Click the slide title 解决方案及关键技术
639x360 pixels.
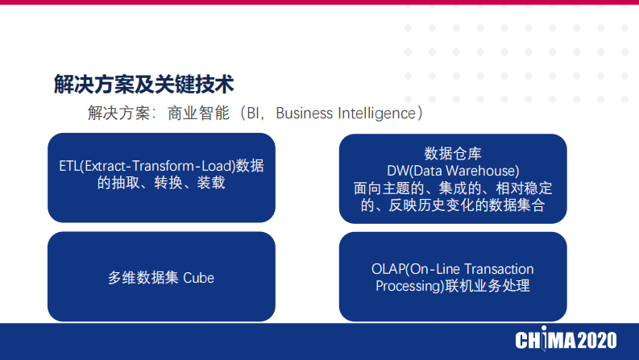coord(143,83)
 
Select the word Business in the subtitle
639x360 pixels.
coord(303,113)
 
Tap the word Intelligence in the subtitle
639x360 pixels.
coord(376,113)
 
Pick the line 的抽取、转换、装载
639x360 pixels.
coord(161,184)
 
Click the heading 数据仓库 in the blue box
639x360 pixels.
coord(452,154)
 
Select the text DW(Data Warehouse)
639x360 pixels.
coord(452,171)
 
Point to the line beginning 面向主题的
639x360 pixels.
coord(452,188)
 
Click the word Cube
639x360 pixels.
coord(199,278)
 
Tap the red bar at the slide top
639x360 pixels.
coord(319,2)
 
